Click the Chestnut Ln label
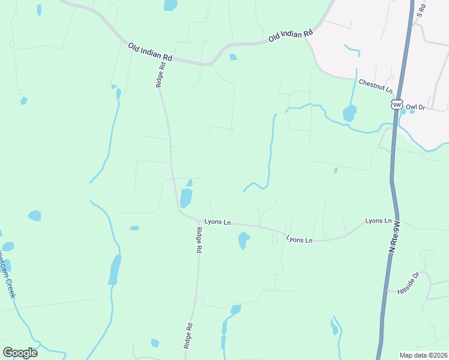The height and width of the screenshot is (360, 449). (375, 85)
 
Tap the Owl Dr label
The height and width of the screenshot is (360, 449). (415, 107)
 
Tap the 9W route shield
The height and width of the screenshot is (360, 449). (397, 104)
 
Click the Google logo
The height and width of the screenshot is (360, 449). (20, 352)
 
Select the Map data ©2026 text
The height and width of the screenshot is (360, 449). (423, 355)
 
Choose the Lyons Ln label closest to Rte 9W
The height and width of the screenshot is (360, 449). (378, 221)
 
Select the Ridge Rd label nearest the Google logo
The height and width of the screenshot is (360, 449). (188, 336)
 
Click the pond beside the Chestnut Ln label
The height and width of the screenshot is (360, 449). (349, 113)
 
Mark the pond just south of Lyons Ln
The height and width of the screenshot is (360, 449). (243, 241)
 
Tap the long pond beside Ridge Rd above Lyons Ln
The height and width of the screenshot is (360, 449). (186, 196)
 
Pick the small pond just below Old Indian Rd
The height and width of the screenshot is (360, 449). (233, 57)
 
